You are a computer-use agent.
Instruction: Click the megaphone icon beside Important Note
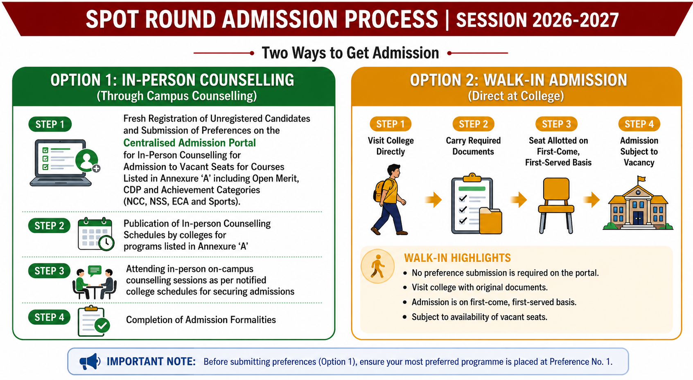(90, 361)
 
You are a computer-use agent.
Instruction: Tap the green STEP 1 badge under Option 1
(50, 124)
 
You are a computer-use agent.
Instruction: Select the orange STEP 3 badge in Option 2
(556, 124)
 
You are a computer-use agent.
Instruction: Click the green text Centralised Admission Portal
(190, 142)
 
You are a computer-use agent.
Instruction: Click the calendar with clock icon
(96, 234)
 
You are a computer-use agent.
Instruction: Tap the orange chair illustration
(556, 205)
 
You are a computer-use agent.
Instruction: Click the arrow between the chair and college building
(591, 200)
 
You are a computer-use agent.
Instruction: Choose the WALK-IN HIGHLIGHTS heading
(457, 258)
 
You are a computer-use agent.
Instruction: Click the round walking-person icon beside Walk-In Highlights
(377, 266)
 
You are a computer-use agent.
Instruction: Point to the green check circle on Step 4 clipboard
(102, 325)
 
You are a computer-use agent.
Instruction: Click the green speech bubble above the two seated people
(95, 271)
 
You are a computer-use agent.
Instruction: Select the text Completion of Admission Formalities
(201, 320)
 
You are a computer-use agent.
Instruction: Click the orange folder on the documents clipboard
(491, 220)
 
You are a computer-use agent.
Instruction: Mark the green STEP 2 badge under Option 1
(49, 226)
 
